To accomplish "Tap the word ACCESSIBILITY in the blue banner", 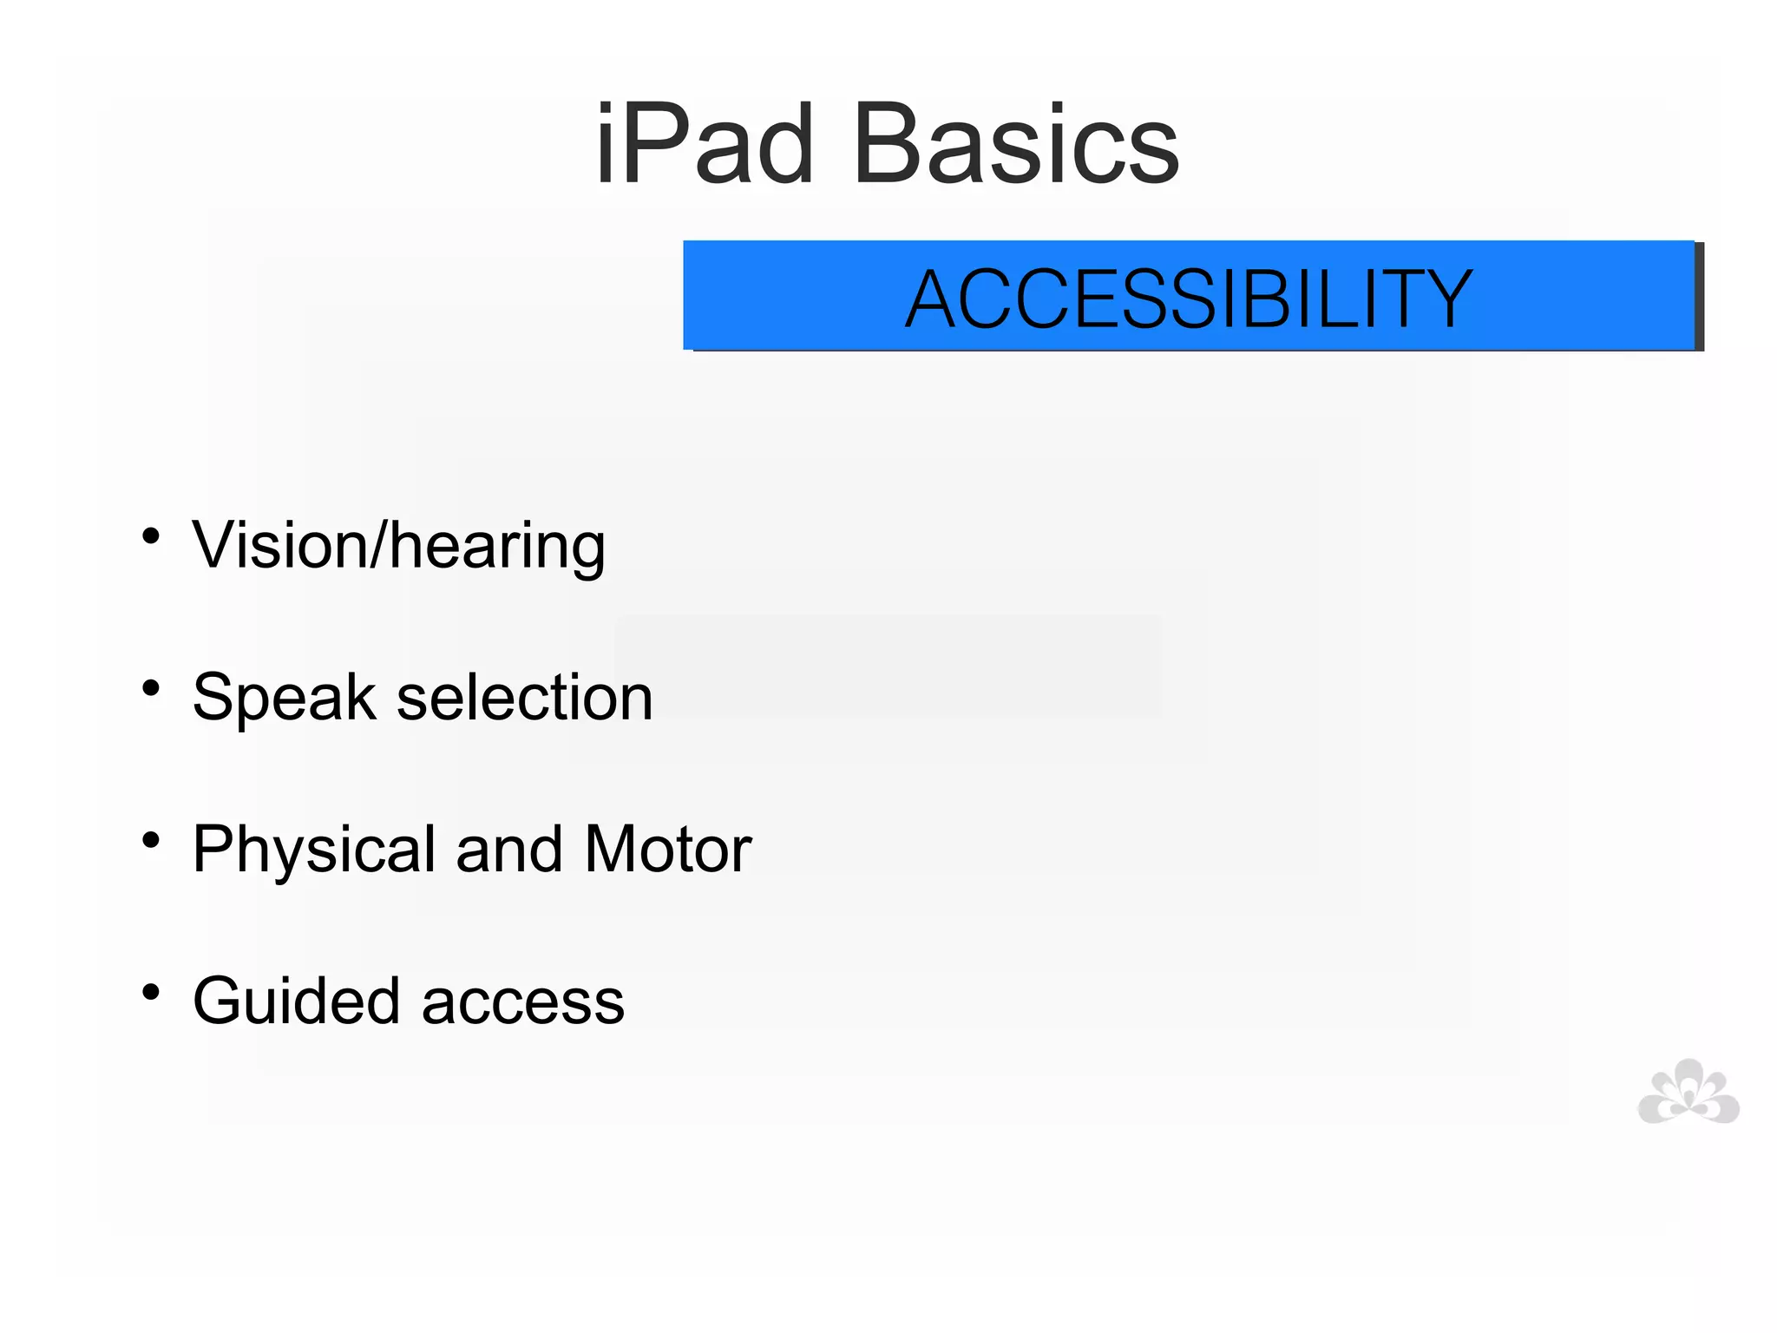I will (x=1189, y=299).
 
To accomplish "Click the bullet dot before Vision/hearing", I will (x=151, y=536).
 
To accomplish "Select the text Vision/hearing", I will (x=398, y=547).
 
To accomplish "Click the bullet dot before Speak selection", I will (x=151, y=688).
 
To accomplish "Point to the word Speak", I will (x=284, y=699).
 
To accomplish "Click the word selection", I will (x=524, y=698).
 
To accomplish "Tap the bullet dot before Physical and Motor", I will (x=151, y=840).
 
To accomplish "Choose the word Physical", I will (x=314, y=850).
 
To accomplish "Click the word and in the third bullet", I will (x=509, y=850).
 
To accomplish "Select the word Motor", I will (x=667, y=850).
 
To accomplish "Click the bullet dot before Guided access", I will (x=151, y=992).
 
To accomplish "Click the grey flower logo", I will (x=1688, y=1093).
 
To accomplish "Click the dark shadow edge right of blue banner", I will (x=1700, y=297).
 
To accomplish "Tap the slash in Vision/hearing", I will (x=379, y=546).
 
